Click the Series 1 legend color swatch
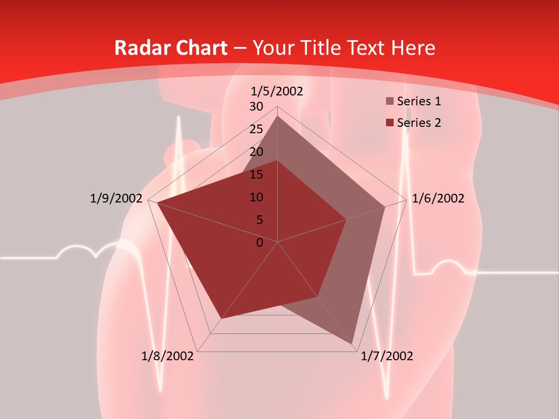390,102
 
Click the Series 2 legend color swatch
390,123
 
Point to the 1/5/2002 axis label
277,91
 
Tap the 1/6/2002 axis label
438,198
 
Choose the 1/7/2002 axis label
387,356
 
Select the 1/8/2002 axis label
168,356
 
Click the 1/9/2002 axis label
116,198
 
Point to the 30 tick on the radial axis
256,106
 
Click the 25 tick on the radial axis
256,129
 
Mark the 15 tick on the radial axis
256,175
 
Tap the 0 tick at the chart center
260,243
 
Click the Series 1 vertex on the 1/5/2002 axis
278,116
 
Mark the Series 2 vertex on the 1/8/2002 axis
221,319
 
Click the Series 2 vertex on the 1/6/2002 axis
346,219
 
